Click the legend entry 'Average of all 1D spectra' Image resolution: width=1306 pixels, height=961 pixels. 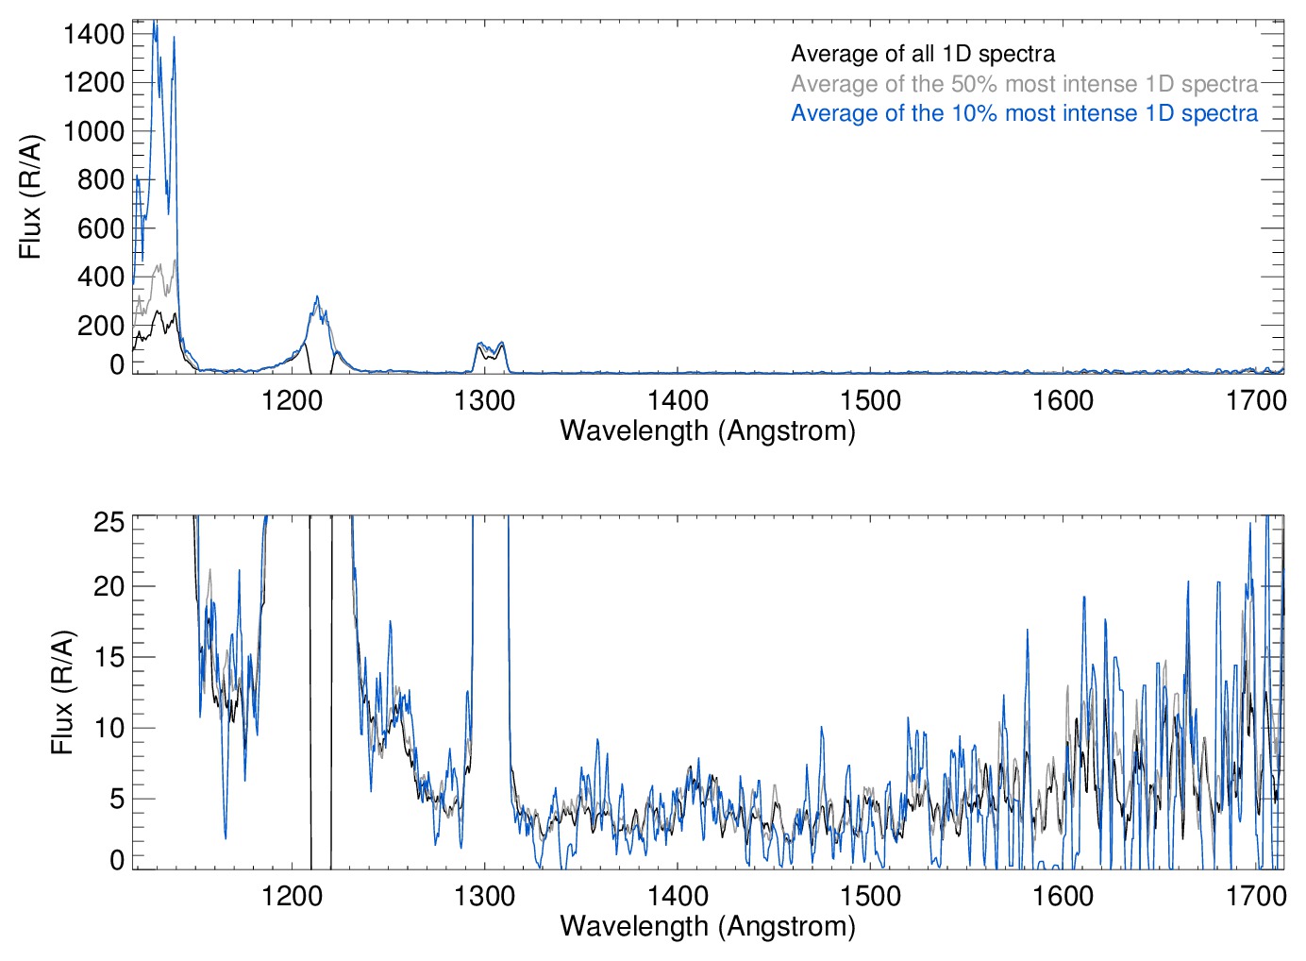coord(922,54)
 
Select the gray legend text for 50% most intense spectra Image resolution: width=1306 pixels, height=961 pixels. coord(1024,84)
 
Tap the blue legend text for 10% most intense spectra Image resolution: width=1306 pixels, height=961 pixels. coord(1024,113)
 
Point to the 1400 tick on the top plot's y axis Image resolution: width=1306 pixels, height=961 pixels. coord(93,34)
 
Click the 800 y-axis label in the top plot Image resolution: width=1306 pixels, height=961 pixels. coord(101,179)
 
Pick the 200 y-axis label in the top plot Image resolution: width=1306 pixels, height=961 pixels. coord(101,326)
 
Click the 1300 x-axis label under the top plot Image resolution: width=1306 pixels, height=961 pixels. coord(484,400)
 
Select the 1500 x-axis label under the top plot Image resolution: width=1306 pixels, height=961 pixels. coord(870,400)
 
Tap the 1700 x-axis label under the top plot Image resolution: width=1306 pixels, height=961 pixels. coord(1256,400)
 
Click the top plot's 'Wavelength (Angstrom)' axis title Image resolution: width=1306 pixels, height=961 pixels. coord(708,430)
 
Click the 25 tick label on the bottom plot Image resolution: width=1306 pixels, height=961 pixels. coord(109,521)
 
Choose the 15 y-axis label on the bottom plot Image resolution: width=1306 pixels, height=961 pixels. coord(109,657)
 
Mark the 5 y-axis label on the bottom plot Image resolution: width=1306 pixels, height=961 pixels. coord(117,799)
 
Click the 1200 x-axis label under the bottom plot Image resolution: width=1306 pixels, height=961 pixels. coord(292,895)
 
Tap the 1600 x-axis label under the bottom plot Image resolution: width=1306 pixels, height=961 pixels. coord(1063,895)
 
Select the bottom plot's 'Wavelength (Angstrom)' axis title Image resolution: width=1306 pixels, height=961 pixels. coord(708,926)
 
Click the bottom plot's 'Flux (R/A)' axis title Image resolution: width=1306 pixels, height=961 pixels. coord(61,693)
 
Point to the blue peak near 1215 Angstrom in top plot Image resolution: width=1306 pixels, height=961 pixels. coord(317,297)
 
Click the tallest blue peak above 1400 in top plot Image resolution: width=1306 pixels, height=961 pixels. coord(155,23)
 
